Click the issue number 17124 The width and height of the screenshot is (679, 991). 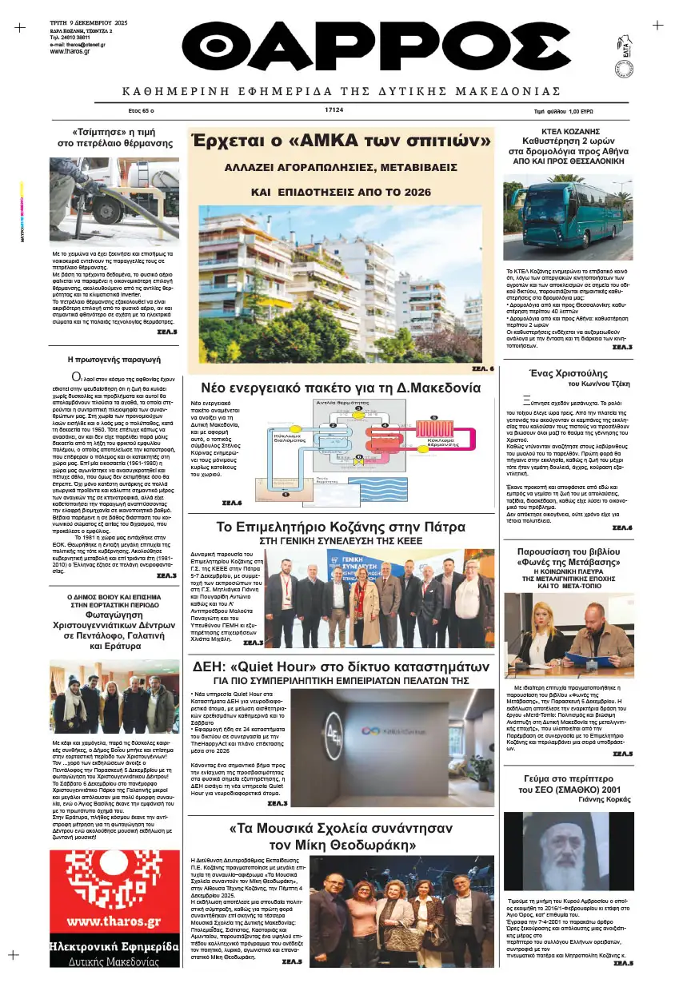(x=379, y=110)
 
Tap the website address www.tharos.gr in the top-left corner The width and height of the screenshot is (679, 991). (x=69, y=51)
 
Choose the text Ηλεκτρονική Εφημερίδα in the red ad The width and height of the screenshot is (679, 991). (x=113, y=947)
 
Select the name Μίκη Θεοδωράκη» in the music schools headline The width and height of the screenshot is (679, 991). (x=338, y=845)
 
